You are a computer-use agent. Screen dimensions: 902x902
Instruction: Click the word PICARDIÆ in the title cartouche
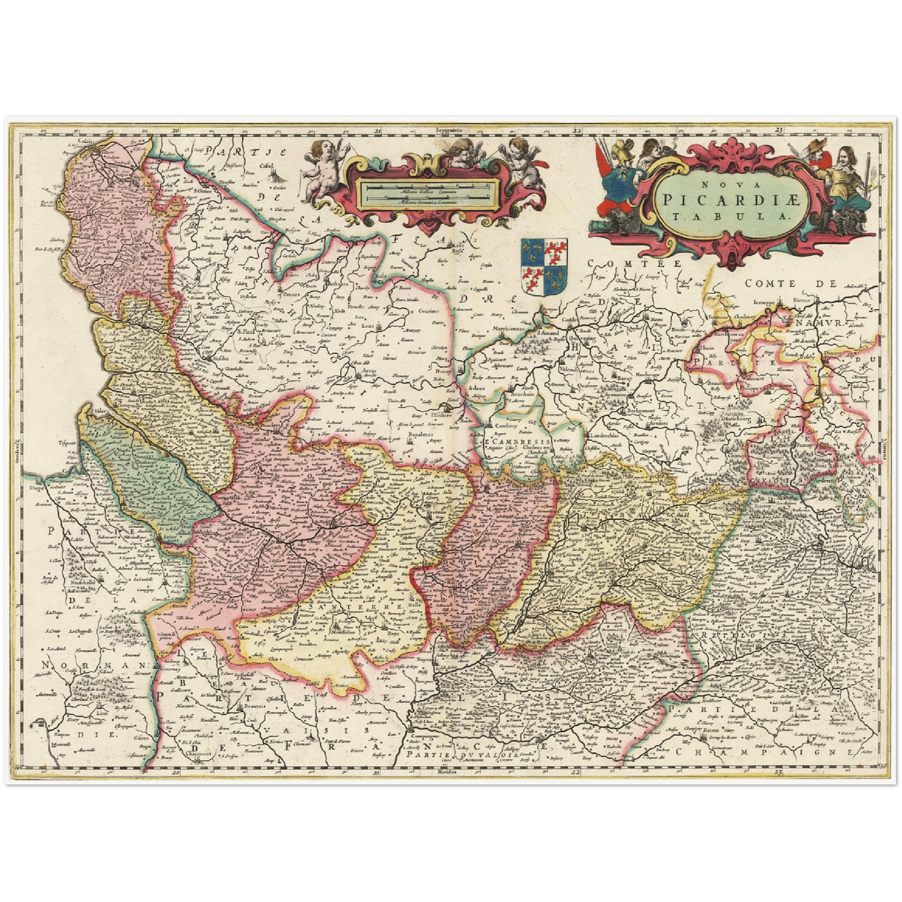click(730, 200)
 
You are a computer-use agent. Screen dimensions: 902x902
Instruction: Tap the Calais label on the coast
click(85, 142)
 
